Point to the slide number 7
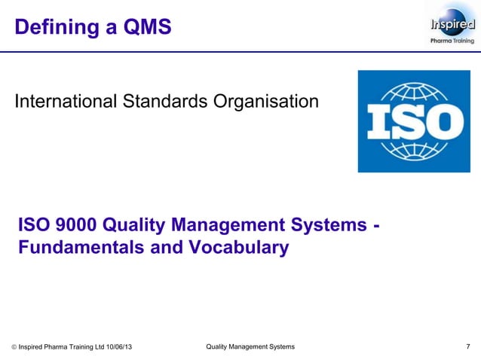pos(468,346)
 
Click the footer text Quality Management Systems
pos(250,346)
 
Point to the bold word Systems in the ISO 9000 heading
pos(326,225)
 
